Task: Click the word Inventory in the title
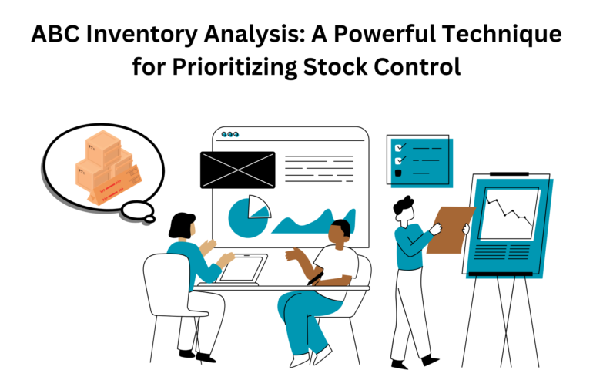pyautogui.click(x=142, y=34)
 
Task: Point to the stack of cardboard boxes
pyautogui.click(x=108, y=167)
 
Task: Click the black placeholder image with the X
pyautogui.click(x=237, y=170)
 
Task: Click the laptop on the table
pyautogui.click(x=239, y=270)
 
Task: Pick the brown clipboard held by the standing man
pyautogui.click(x=450, y=230)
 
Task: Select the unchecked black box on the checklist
pyautogui.click(x=398, y=173)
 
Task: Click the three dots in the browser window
pyautogui.click(x=230, y=134)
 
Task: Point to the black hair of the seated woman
pyautogui.click(x=181, y=225)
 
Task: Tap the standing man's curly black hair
pyautogui.click(x=403, y=205)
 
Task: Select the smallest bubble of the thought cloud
pyautogui.click(x=149, y=218)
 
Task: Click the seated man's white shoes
pyautogui.click(x=311, y=356)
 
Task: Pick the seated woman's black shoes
pyautogui.click(x=196, y=355)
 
